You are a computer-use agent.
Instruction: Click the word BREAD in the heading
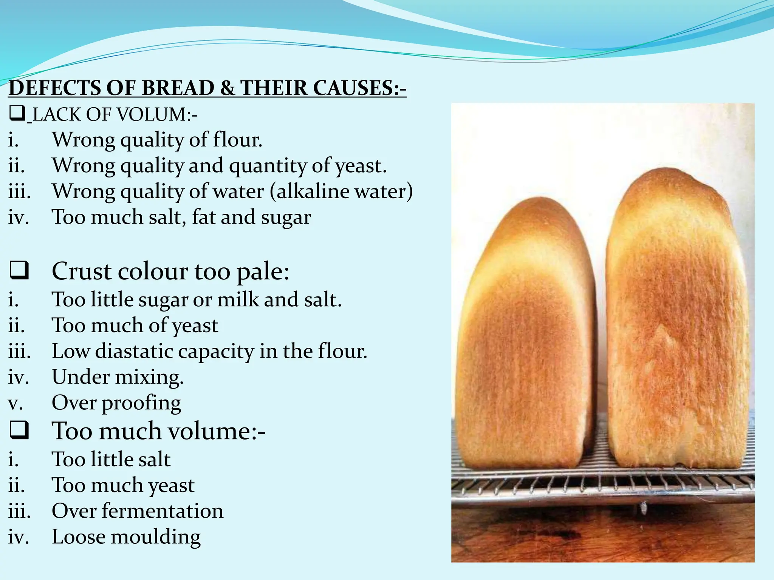click(x=178, y=88)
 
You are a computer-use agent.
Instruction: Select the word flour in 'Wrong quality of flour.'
click(x=237, y=140)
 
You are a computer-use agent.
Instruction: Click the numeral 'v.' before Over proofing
click(x=15, y=403)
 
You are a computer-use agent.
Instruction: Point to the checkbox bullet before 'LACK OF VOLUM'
click(x=17, y=114)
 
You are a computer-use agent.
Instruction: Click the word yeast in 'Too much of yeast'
click(x=195, y=325)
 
